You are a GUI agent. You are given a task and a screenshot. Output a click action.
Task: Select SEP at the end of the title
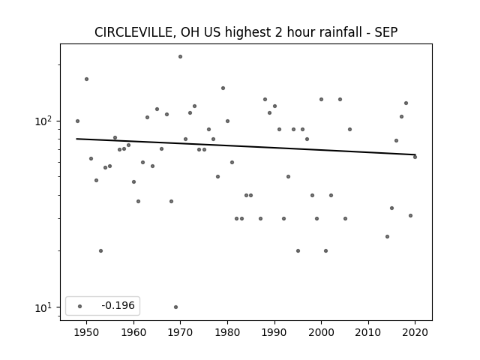pyautogui.click(x=386, y=32)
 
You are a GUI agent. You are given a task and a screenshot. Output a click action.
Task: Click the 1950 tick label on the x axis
pyautogui.click(x=87, y=332)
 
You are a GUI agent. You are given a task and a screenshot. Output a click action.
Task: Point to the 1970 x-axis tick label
pyautogui.click(x=180, y=332)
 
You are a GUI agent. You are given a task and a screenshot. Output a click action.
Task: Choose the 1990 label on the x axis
pyautogui.click(x=274, y=332)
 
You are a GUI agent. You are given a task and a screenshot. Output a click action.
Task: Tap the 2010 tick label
pyautogui.click(x=368, y=332)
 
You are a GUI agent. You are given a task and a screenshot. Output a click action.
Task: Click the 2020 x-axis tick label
pyautogui.click(x=415, y=332)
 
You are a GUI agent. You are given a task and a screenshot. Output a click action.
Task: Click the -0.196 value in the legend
pyautogui.click(x=118, y=305)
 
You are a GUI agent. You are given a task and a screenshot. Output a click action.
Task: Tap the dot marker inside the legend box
pyautogui.click(x=80, y=306)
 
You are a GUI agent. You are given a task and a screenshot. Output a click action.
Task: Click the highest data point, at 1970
pyautogui.click(x=180, y=57)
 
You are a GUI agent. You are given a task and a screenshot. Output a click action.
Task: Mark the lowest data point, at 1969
pyautogui.click(x=175, y=307)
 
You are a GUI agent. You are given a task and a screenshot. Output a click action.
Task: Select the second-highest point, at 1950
pyautogui.click(x=87, y=79)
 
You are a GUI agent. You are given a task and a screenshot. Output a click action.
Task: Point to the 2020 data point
pyautogui.click(x=415, y=157)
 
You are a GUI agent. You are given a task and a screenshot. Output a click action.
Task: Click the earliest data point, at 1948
pyautogui.click(x=77, y=121)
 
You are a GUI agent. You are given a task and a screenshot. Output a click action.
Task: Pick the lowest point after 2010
pyautogui.click(x=387, y=237)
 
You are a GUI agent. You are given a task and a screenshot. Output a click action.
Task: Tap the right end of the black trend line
pyautogui.click(x=415, y=154)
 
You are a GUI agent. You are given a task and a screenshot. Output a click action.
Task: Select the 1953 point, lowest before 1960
pyautogui.click(x=100, y=250)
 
